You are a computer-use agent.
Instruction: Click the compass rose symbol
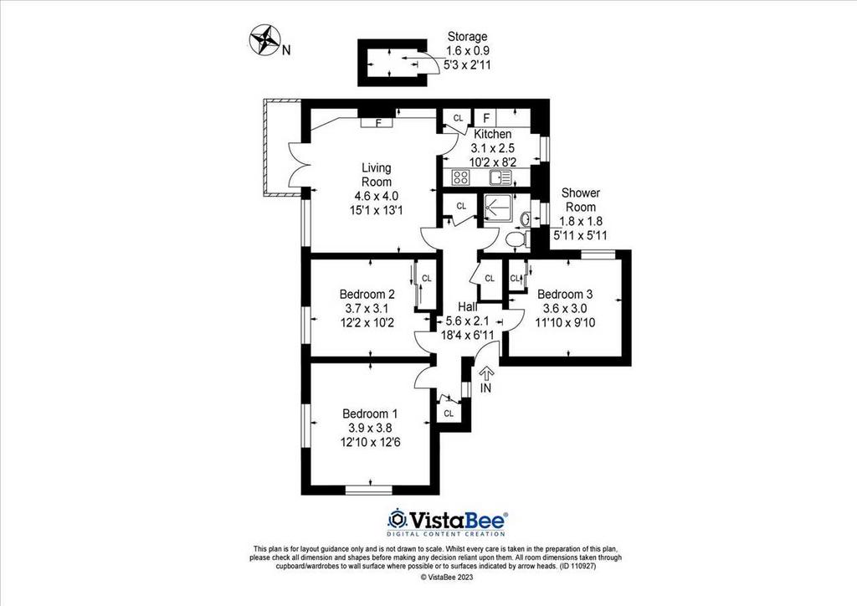pos(264,40)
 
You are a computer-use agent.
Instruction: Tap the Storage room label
pos(467,37)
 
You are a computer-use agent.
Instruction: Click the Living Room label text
pos(377,175)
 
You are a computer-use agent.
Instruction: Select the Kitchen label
pos(493,134)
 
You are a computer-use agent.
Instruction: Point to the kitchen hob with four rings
pos(461,177)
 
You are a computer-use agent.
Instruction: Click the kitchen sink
pos(500,177)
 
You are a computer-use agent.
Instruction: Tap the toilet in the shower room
pos(516,239)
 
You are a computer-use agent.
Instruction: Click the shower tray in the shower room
pos(497,208)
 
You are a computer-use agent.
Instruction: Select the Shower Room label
pos(581,200)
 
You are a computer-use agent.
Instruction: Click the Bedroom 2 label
pos(367,294)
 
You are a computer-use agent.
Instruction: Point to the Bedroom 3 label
pos(565,294)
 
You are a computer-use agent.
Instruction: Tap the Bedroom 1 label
pos(370,413)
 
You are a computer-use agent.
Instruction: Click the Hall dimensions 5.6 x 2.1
pos(467,321)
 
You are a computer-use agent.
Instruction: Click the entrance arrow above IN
pos(486,372)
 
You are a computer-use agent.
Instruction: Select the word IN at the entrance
pos(485,388)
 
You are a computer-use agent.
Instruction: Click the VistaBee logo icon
pos(397,518)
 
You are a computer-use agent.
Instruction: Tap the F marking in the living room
pos(378,122)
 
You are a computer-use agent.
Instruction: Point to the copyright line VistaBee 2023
pos(447,577)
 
